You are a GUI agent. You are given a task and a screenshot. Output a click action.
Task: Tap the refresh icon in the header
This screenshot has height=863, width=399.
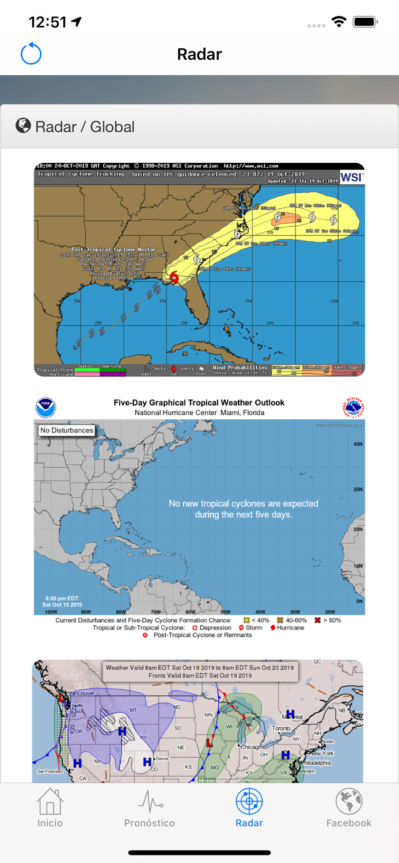[31, 54]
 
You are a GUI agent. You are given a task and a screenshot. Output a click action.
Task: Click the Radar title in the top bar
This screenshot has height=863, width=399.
[199, 54]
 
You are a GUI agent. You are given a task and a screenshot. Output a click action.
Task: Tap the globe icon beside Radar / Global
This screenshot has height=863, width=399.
[23, 125]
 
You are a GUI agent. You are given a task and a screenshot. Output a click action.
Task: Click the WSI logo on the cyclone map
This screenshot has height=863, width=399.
[351, 177]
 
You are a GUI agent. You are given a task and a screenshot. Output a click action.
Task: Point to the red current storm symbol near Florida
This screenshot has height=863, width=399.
[174, 278]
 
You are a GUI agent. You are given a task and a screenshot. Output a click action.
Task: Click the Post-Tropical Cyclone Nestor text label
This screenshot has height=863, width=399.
[113, 250]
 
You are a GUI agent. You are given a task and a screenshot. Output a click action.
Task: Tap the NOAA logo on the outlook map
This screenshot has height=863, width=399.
[45, 407]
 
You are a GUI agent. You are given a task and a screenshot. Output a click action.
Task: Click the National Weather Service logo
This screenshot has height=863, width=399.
[354, 407]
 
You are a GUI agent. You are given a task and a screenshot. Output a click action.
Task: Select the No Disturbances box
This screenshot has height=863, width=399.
[67, 430]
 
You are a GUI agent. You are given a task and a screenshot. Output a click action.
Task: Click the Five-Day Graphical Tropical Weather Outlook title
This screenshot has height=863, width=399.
[199, 403]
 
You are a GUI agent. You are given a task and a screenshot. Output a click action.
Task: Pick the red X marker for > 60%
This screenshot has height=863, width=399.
[317, 620]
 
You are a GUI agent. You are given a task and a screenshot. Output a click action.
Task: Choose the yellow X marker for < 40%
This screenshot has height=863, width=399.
[247, 620]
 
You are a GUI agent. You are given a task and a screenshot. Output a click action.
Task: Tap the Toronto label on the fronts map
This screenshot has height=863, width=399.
[282, 728]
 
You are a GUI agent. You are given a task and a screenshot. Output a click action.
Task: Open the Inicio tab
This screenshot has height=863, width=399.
[50, 808]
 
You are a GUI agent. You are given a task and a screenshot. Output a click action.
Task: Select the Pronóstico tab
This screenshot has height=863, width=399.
[149, 808]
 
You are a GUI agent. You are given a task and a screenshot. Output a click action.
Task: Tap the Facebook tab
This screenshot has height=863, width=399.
[349, 808]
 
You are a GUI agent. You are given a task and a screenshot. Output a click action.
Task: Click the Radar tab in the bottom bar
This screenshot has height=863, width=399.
[249, 808]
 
